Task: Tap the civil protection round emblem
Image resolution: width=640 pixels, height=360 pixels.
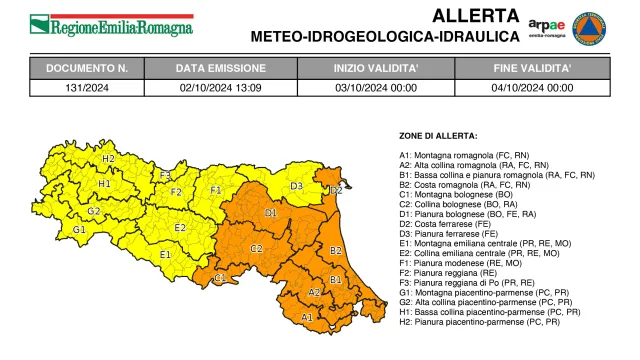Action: tap(594, 24)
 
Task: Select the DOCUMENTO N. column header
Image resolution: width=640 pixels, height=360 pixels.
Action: tap(87, 69)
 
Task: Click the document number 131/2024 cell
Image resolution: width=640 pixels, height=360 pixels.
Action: tap(87, 87)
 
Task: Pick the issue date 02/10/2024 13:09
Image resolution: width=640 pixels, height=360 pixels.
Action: tap(221, 87)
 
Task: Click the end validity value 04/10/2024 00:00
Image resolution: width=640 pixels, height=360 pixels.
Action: tap(533, 87)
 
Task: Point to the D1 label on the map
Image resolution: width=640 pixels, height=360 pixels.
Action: tap(271, 213)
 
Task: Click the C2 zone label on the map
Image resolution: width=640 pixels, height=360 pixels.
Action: tap(256, 248)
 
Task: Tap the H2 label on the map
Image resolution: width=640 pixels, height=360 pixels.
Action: tap(108, 159)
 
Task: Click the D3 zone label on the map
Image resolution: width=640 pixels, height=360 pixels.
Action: tap(297, 186)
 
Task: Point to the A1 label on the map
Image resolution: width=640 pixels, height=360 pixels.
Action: tap(307, 317)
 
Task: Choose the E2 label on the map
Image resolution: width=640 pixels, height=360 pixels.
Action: tap(180, 227)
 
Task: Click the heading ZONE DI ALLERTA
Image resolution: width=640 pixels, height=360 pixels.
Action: tap(438, 135)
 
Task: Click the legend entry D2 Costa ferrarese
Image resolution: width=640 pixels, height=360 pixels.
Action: tap(449, 227)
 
